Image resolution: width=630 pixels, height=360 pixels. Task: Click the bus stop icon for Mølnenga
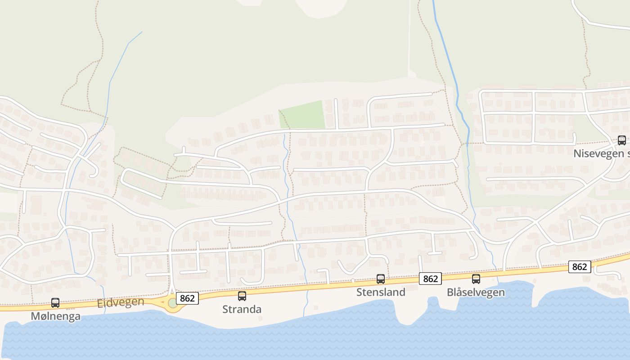tap(55, 303)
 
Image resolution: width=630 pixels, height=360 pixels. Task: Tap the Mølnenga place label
tap(55, 316)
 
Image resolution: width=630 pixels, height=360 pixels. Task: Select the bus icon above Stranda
tap(242, 296)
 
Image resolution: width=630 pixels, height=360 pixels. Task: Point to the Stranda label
tap(242, 309)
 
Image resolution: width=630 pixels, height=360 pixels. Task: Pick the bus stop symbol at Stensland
tap(381, 279)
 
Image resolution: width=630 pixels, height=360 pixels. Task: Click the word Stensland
tap(381, 292)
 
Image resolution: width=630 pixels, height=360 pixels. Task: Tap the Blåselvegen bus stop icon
tap(476, 279)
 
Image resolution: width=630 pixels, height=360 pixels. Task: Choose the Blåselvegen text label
tap(476, 292)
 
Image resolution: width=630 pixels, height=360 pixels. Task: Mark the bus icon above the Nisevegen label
tap(622, 140)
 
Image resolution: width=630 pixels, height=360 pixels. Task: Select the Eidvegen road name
tap(121, 302)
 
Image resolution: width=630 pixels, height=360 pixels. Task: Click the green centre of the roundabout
tap(173, 303)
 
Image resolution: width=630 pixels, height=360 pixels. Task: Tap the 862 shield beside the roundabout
tap(187, 298)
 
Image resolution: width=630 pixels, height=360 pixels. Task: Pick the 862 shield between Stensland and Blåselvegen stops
tap(430, 279)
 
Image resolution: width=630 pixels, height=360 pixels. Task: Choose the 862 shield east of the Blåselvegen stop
tap(579, 267)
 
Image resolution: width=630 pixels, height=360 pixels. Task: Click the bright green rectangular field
tap(302, 115)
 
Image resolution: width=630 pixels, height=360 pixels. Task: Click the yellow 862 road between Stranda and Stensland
tap(315, 286)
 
